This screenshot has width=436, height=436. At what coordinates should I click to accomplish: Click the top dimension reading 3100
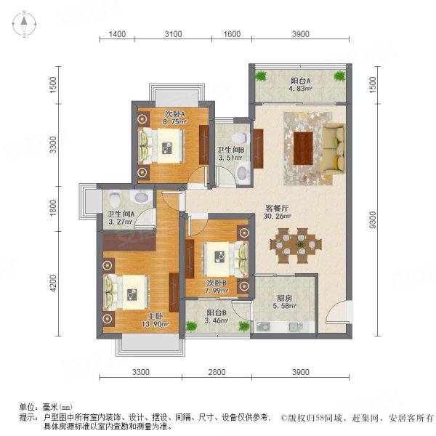tap(173, 35)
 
